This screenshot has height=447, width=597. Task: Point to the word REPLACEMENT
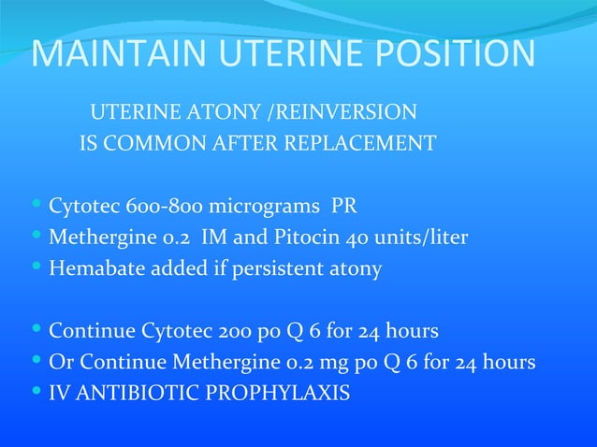coord(368,144)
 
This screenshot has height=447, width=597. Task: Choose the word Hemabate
coord(93,268)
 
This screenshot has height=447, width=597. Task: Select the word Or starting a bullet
coord(60,362)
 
